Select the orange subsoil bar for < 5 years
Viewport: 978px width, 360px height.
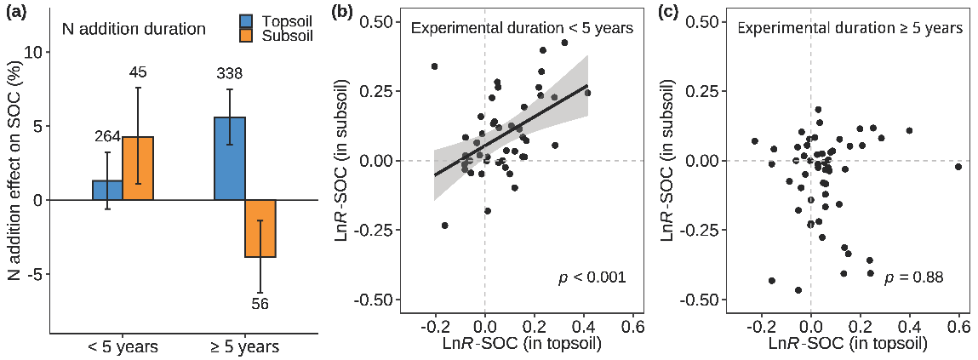[x=138, y=168]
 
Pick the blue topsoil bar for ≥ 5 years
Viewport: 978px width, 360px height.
[x=230, y=158]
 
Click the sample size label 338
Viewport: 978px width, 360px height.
[x=230, y=75]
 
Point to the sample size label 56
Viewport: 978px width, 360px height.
[x=260, y=303]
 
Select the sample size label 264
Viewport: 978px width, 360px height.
[x=107, y=137]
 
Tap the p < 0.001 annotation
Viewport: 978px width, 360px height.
[x=592, y=277]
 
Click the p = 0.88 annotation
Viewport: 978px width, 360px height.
[x=913, y=277]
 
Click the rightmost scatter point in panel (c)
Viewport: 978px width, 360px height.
[x=958, y=167]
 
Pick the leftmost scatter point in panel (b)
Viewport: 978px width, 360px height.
[x=435, y=66]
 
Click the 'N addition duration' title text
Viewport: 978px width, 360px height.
[x=134, y=29]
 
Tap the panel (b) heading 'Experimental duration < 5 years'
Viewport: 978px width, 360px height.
[x=522, y=28]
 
